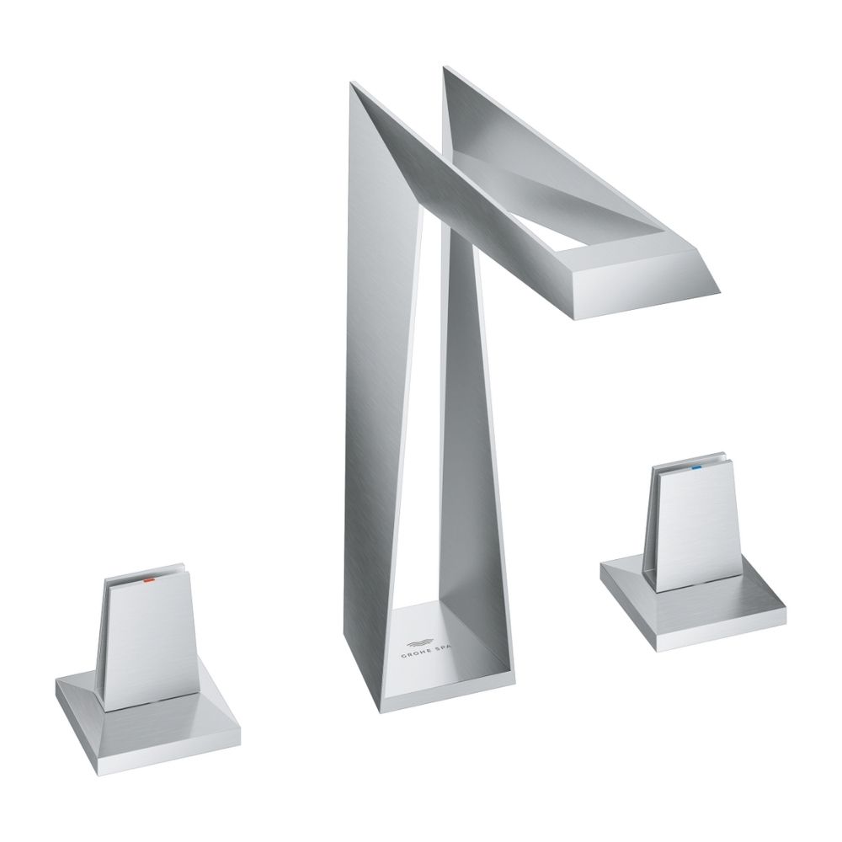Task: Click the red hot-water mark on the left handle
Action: pyautogui.click(x=147, y=581)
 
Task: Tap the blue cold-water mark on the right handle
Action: pyautogui.click(x=697, y=465)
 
